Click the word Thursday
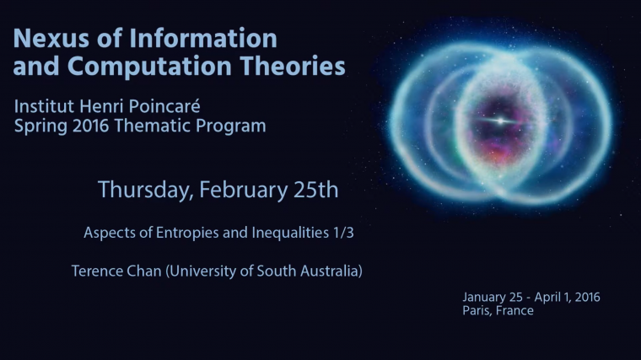[x=144, y=190]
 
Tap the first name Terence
[x=99, y=271]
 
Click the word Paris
[x=477, y=310]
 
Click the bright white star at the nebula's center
[x=501, y=121]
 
